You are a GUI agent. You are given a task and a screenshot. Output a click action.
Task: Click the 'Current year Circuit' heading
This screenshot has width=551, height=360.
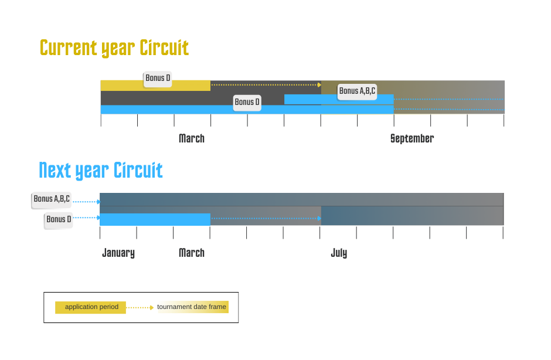pos(114,47)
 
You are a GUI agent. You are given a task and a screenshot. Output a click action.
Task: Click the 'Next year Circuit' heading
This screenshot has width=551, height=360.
pos(101,170)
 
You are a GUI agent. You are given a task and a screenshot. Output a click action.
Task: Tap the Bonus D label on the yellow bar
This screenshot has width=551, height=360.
pos(158,79)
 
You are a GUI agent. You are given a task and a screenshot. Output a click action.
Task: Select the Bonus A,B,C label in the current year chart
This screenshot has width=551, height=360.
pos(357,91)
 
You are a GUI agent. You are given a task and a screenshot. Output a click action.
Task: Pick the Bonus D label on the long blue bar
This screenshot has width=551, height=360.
pos(247,103)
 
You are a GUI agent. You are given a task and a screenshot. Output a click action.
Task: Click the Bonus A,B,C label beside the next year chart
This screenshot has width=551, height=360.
pos(52,199)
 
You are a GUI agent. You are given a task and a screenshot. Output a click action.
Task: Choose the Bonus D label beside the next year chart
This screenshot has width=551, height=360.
pos(59,220)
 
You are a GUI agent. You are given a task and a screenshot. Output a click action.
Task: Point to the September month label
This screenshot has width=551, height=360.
pos(411,139)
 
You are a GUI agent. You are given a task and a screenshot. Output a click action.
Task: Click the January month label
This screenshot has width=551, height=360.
pos(118,253)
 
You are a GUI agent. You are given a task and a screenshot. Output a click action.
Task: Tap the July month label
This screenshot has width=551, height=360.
pos(339,253)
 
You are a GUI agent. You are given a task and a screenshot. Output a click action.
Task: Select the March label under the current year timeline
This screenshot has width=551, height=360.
pos(192,139)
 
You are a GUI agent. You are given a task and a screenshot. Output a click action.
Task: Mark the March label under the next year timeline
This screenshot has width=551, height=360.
pos(192,253)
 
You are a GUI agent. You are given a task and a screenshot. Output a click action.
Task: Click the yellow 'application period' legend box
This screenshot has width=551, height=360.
pos(90,307)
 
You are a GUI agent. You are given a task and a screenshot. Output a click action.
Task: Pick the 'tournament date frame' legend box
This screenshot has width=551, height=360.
pos(193,307)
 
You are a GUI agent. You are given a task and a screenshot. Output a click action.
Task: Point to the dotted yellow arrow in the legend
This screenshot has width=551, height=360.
pos(141,307)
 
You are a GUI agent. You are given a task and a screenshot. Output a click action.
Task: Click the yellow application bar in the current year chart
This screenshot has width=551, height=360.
pos(123,86)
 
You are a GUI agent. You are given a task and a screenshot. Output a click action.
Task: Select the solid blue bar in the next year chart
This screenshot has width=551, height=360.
pos(155,220)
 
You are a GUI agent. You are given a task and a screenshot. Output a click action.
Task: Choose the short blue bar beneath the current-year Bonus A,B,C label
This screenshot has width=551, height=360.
pos(311,99)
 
